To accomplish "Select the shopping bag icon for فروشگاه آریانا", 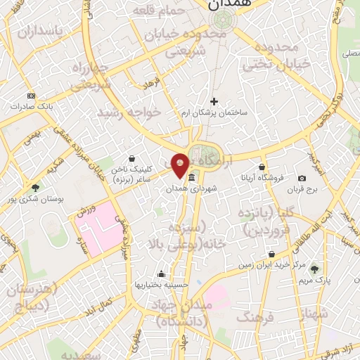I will pos(262,167).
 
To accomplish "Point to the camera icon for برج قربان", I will pos(302,179).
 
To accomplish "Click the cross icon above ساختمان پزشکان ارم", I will pos(214,101).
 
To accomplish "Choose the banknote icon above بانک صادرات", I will pos(31,95).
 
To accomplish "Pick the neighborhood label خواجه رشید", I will pos(129,112).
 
